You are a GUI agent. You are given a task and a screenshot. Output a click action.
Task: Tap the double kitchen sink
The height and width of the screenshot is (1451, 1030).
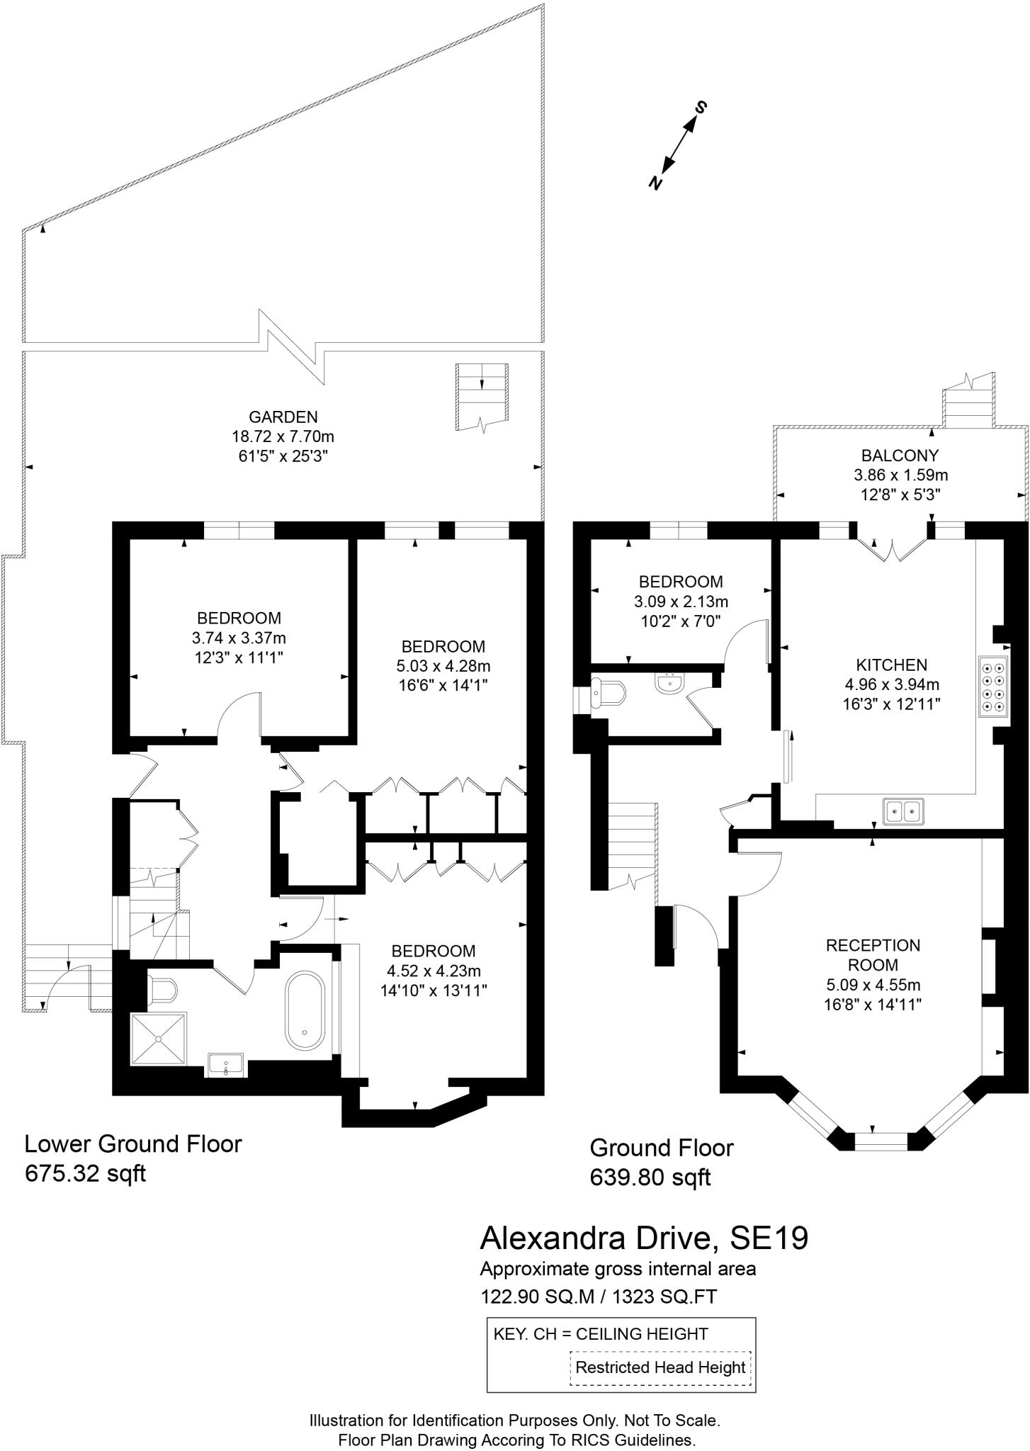[904, 810]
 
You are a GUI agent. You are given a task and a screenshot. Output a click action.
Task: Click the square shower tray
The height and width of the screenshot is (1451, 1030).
[159, 1039]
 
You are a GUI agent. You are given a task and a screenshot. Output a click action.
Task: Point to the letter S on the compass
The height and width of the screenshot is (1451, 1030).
[701, 108]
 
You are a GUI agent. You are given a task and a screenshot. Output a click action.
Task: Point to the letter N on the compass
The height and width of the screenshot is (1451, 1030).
[656, 182]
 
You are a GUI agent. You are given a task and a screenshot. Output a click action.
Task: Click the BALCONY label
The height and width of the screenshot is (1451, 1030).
[900, 456]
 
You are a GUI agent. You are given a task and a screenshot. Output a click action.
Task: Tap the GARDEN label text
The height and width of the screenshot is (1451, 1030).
[283, 417]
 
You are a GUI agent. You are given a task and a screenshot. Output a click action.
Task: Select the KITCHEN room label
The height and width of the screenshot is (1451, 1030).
[891, 665]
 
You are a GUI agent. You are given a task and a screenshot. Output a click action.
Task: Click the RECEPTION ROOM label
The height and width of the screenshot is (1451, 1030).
[873, 954]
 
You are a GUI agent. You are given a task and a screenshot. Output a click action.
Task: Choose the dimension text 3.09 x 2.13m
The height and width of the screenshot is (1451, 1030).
[681, 602]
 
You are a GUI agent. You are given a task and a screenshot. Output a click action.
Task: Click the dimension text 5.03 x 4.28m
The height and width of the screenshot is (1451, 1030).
[443, 666]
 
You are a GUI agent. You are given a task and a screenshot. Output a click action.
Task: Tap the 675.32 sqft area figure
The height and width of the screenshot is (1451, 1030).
[85, 1173]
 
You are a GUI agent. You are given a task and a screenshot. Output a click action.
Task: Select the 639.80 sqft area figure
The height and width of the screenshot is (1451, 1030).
[650, 1178]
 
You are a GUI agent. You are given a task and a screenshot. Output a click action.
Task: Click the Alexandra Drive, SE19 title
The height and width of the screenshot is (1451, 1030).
[644, 1238]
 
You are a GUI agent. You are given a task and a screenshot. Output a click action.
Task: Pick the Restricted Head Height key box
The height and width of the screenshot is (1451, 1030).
[660, 1367]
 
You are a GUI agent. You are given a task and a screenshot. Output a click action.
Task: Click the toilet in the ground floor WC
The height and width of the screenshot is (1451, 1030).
[609, 693]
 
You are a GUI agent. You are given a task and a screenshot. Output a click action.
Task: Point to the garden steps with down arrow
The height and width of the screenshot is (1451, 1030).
[482, 396]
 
